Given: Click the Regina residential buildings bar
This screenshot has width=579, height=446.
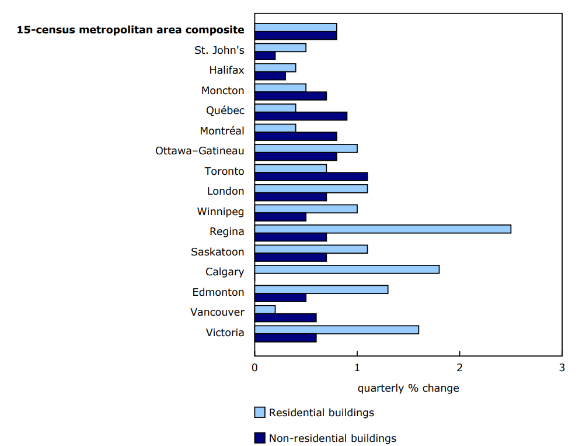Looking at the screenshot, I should coord(382,229).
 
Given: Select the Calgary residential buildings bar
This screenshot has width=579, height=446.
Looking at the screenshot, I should coord(347,269).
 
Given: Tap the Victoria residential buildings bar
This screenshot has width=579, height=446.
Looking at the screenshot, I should coord(336,330).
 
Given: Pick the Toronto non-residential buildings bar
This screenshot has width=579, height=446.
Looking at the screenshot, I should coord(311,176).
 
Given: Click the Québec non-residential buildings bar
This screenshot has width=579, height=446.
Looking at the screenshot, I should coord(301,116).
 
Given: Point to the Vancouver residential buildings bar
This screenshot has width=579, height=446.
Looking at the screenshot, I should coord(265,309).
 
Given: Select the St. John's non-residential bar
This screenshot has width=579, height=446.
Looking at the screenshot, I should coord(265,56).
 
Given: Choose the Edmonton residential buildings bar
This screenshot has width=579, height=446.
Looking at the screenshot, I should coord(321,289).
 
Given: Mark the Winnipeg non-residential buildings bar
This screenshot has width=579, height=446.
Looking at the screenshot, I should coord(280,217).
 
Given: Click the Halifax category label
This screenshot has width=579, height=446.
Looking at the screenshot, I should coord(226,70).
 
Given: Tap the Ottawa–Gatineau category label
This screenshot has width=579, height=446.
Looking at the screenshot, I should coord(200,151).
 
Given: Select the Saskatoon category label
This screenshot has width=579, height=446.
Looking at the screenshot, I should coord(217,252).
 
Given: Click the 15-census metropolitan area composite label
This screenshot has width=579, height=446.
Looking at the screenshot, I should coord(130,30).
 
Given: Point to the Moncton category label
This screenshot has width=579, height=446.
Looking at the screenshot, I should coord(222,91).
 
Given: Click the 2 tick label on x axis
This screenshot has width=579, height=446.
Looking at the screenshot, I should coord(459,368).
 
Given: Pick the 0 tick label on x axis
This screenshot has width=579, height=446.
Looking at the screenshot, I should coord(254,368).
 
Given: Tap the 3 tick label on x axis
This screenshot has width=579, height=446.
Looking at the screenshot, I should coord(561,368).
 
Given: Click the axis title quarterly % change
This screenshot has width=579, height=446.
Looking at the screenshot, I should coord(408,388).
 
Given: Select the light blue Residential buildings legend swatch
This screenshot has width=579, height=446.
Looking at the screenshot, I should coord(260,413).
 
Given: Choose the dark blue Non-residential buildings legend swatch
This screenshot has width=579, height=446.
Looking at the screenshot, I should coord(260,438).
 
